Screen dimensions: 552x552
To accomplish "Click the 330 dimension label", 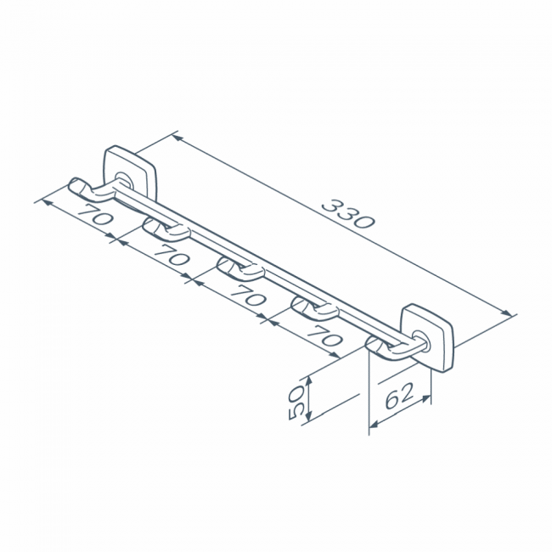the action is (348, 213).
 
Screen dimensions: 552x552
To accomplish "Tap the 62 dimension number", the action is (399, 396).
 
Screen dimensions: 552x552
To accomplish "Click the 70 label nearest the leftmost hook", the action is (95, 214).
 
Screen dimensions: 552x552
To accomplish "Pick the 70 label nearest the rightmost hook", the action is (324, 335).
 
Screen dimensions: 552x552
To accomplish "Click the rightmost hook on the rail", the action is (391, 348).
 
